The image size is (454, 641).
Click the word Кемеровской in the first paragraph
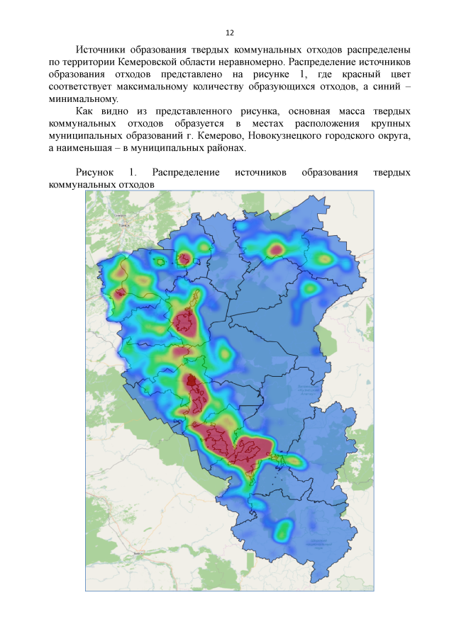152,62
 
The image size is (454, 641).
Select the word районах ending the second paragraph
226,148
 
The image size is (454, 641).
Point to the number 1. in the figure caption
133,173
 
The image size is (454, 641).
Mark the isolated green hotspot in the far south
284,528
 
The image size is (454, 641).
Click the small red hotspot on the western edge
119,291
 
